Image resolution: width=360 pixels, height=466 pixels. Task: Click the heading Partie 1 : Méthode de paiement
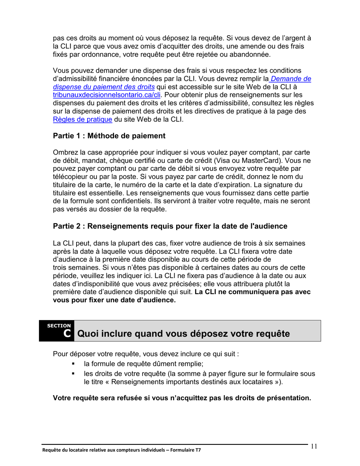pos(109,136)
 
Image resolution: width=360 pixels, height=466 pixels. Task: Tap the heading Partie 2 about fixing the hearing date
pos(170,226)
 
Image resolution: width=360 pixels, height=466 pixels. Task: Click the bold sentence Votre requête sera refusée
pos(182,398)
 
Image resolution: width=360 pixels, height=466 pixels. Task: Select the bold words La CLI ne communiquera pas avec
pos(253,292)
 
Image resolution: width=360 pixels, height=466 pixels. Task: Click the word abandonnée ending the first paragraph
pos(249,55)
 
